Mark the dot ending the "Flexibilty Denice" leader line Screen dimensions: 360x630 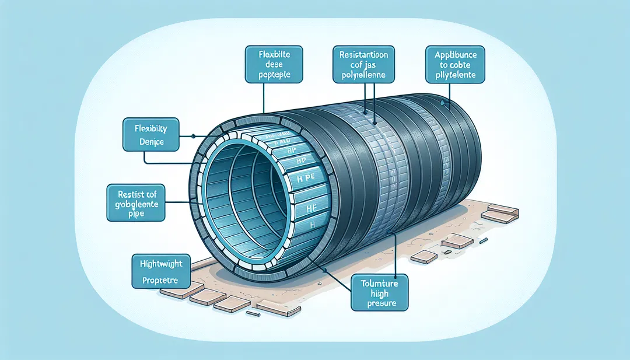(x=193, y=136)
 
